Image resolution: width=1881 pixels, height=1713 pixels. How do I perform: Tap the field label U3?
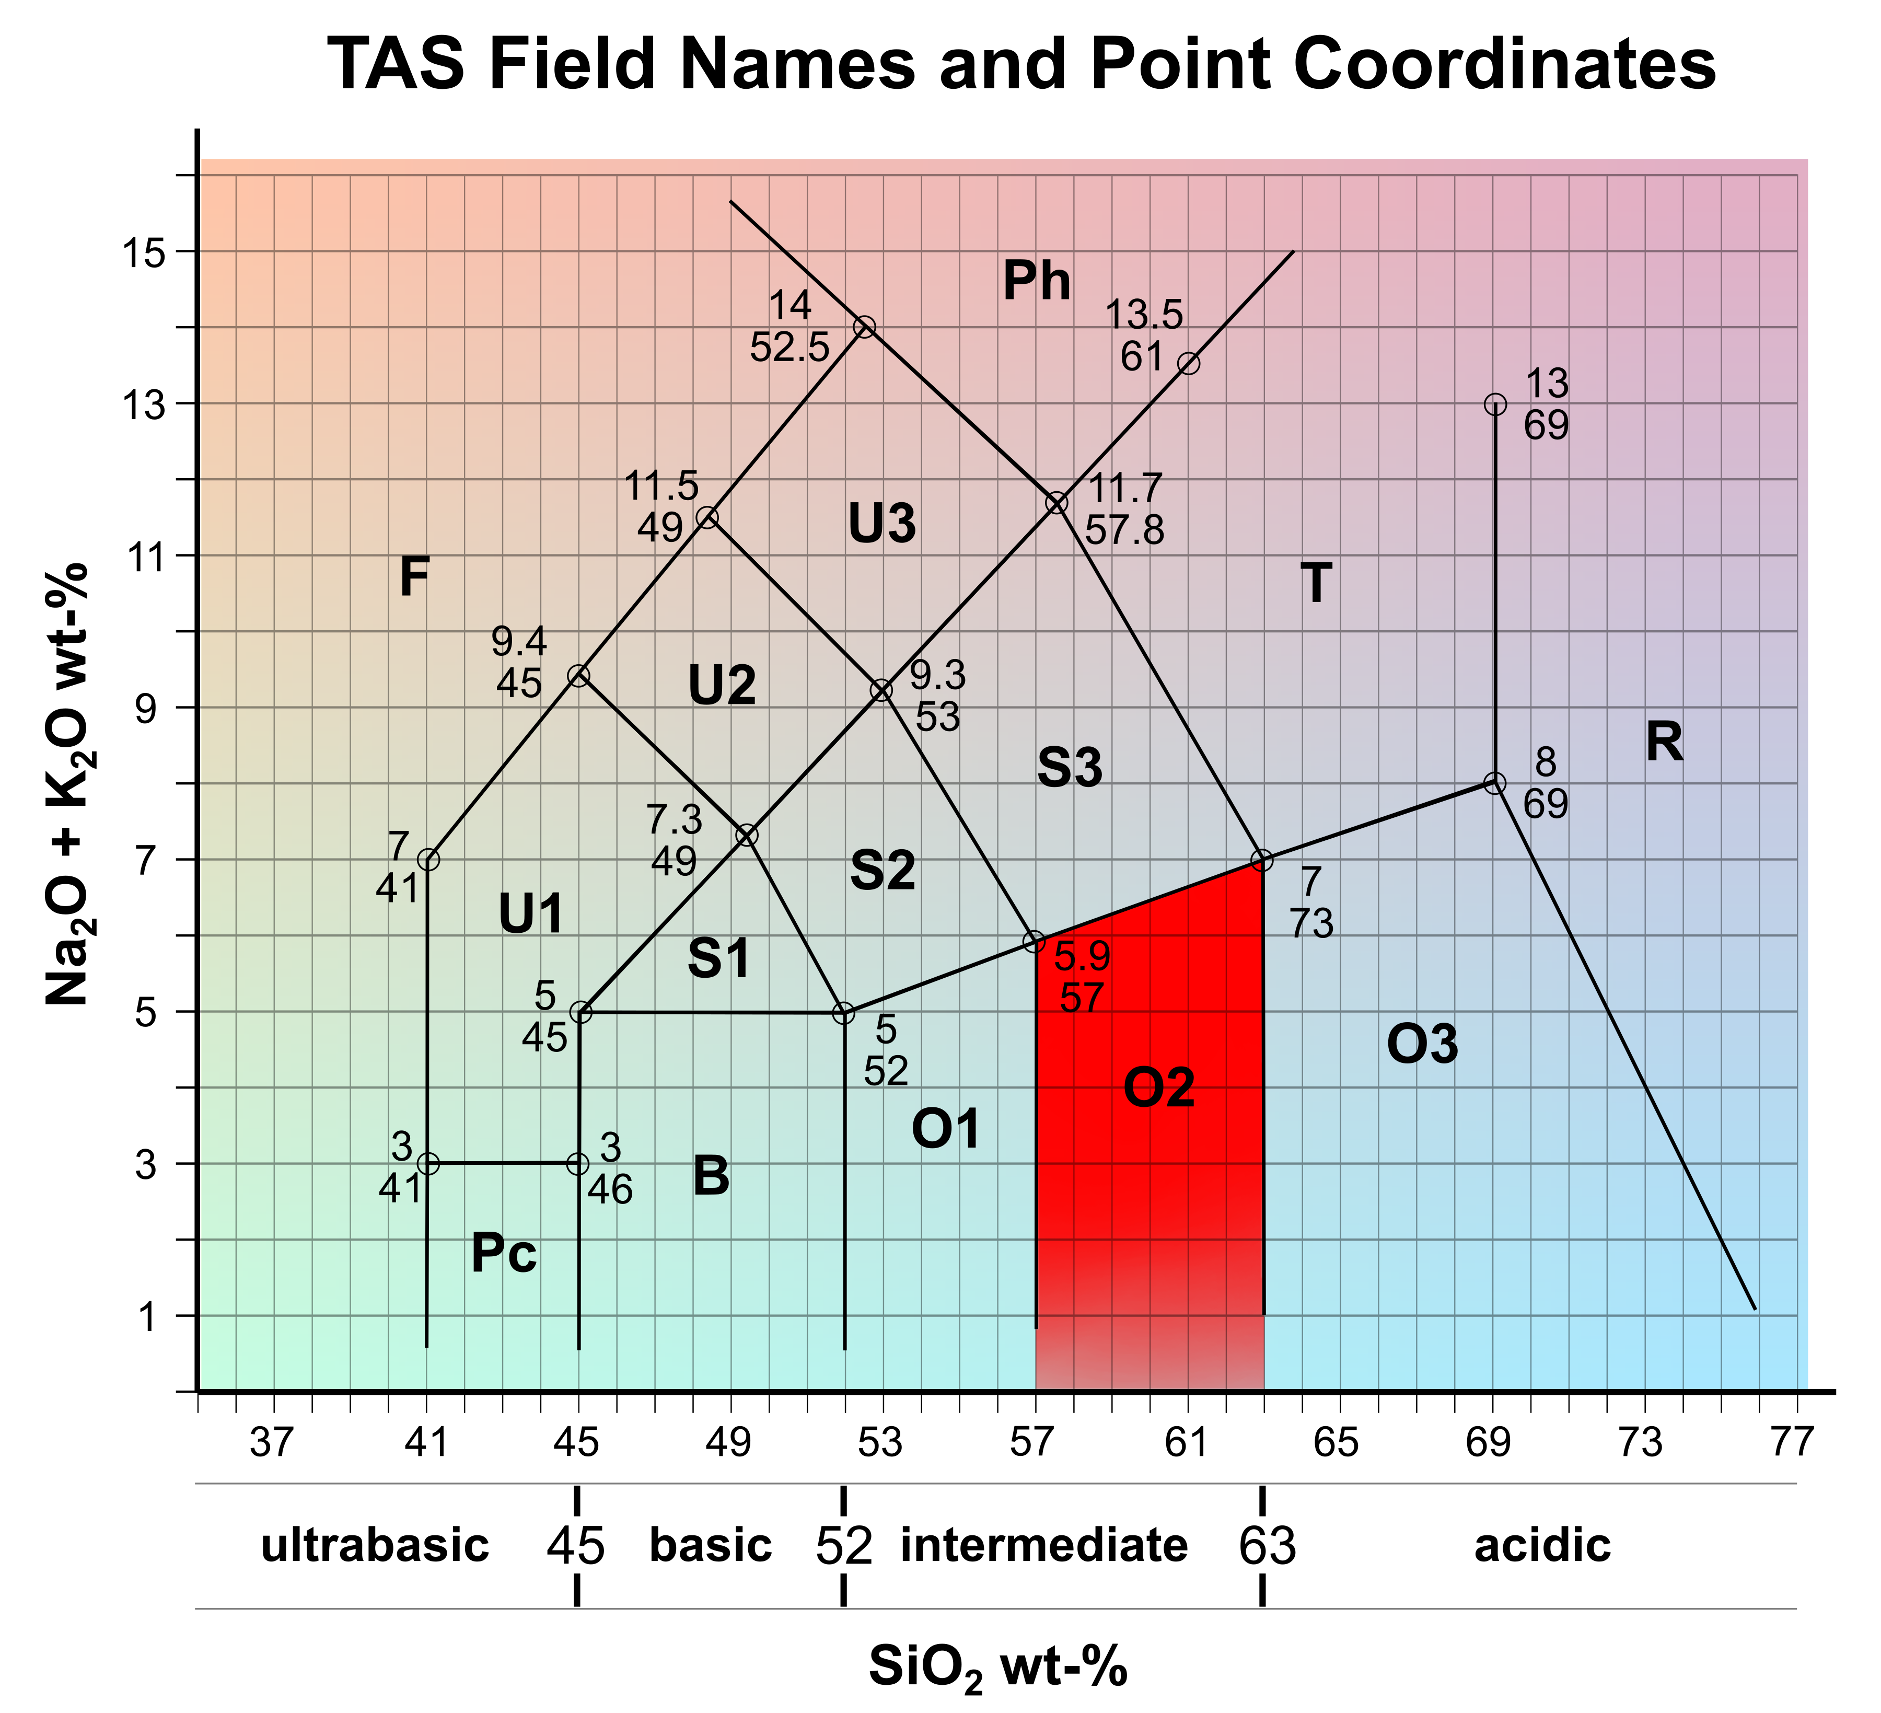pos(882,524)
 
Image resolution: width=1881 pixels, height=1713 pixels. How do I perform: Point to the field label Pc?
pos(504,1254)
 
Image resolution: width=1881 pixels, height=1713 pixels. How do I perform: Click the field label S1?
pos(718,959)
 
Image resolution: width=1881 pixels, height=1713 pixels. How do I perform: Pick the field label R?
pos(1664,744)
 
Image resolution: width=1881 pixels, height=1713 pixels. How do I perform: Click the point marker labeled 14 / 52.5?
pos(865,327)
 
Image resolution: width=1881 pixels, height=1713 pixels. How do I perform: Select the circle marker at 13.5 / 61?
pos(1188,363)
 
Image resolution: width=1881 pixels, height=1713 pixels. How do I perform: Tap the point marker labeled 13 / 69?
pos(1495,404)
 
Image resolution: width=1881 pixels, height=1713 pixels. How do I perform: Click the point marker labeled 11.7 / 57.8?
pos(1056,503)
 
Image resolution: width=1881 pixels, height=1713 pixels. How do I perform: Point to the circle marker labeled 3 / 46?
pos(578,1163)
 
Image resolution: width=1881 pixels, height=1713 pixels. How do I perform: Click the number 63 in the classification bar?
pos(1267,1547)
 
